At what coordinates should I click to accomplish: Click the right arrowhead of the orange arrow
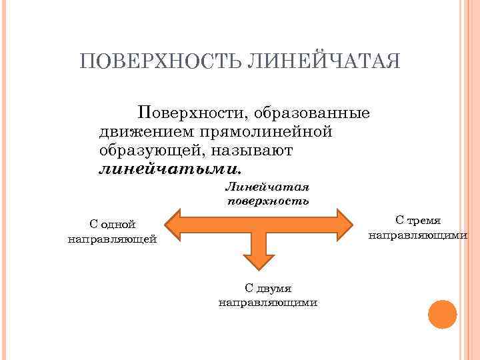344,224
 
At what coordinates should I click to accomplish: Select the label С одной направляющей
113,232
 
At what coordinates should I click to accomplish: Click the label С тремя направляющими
418,227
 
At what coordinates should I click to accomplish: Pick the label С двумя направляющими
268,295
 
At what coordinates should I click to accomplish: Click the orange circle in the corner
442,314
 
